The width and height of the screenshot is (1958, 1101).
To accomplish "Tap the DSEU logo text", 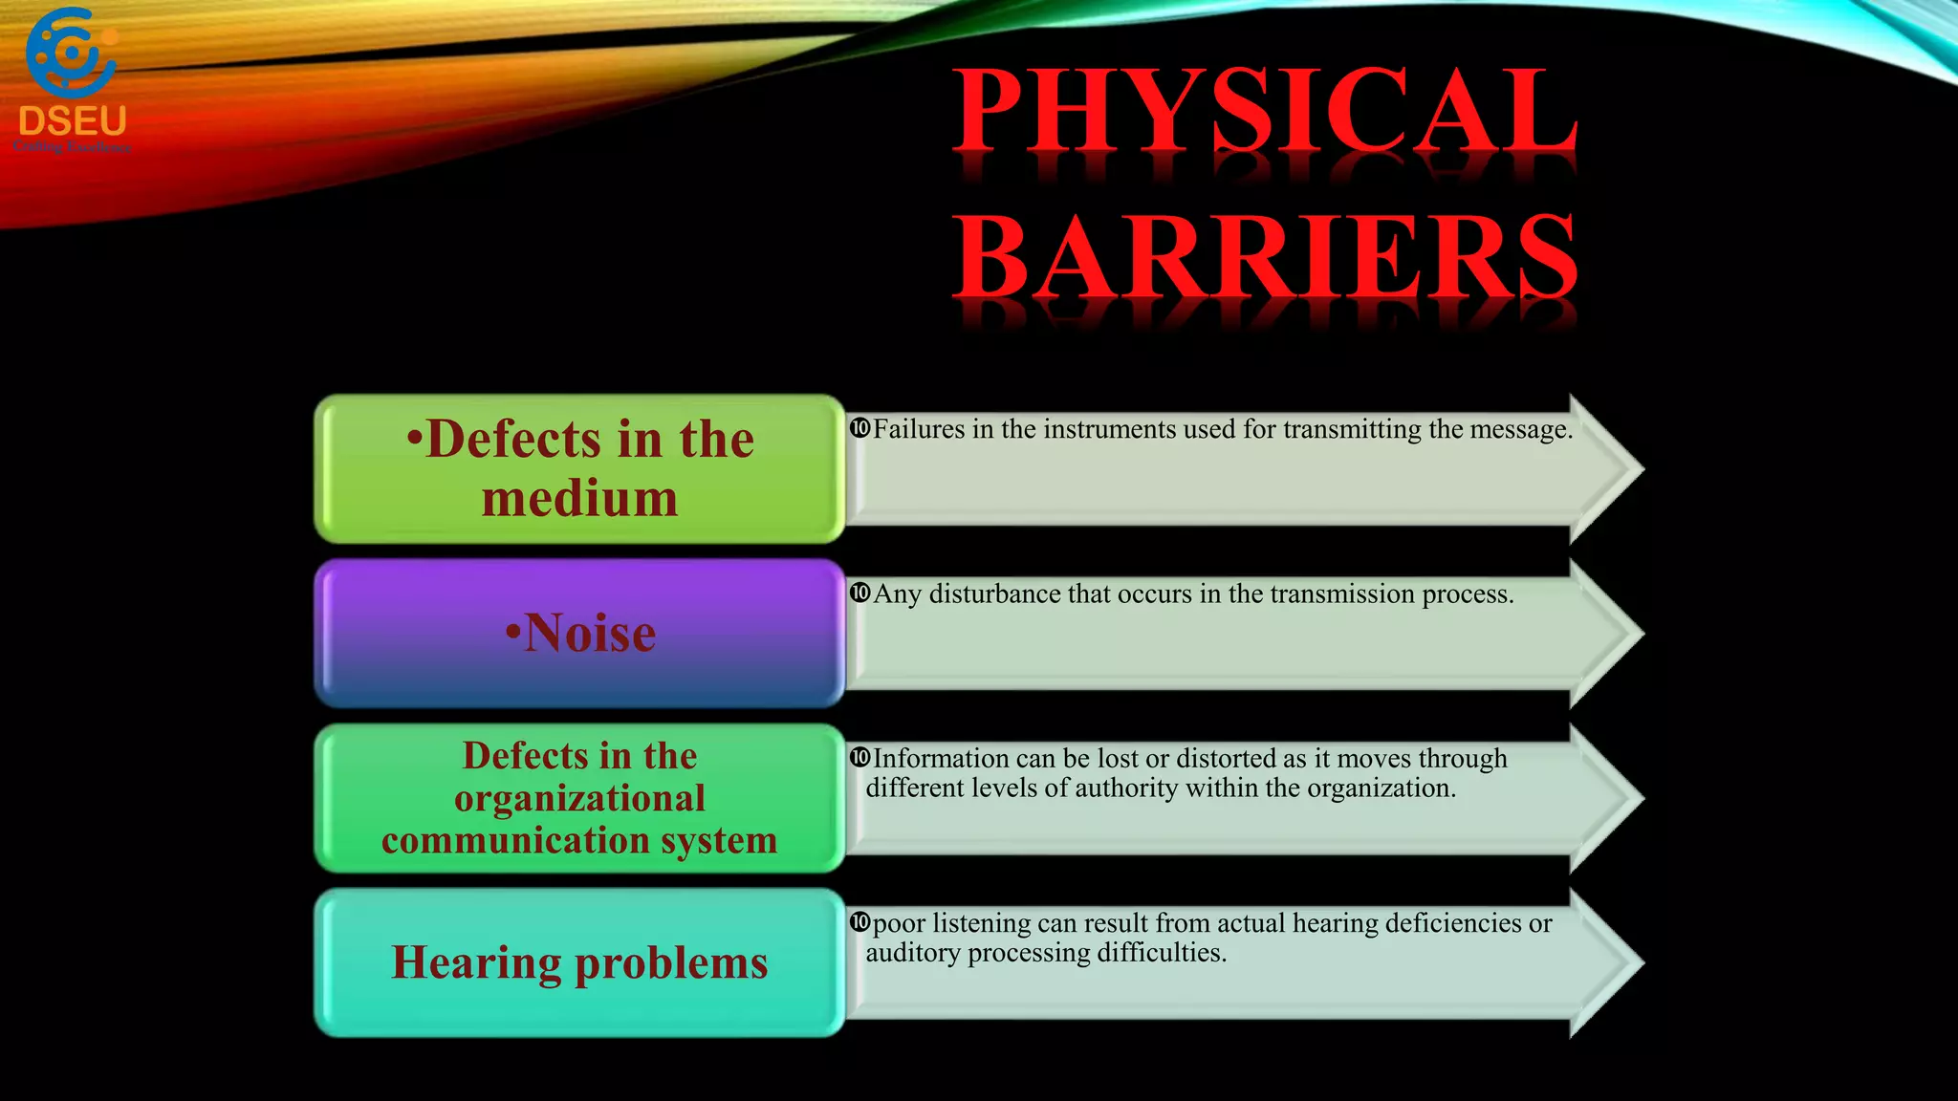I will [73, 121].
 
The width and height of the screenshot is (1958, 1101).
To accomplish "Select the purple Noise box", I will [579, 633].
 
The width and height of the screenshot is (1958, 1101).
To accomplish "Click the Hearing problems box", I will [579, 962].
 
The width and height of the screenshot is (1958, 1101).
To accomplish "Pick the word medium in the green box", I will [579, 499].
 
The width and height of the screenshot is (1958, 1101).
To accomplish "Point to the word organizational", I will [579, 798].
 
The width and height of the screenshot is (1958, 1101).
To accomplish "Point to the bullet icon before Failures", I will [859, 428].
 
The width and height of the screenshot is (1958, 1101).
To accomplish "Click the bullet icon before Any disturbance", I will [859, 593].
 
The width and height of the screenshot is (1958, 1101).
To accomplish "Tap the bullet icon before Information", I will [859, 758].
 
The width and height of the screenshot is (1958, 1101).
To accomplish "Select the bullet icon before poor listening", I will [859, 922].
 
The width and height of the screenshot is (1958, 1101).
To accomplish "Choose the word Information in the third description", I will [941, 759].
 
